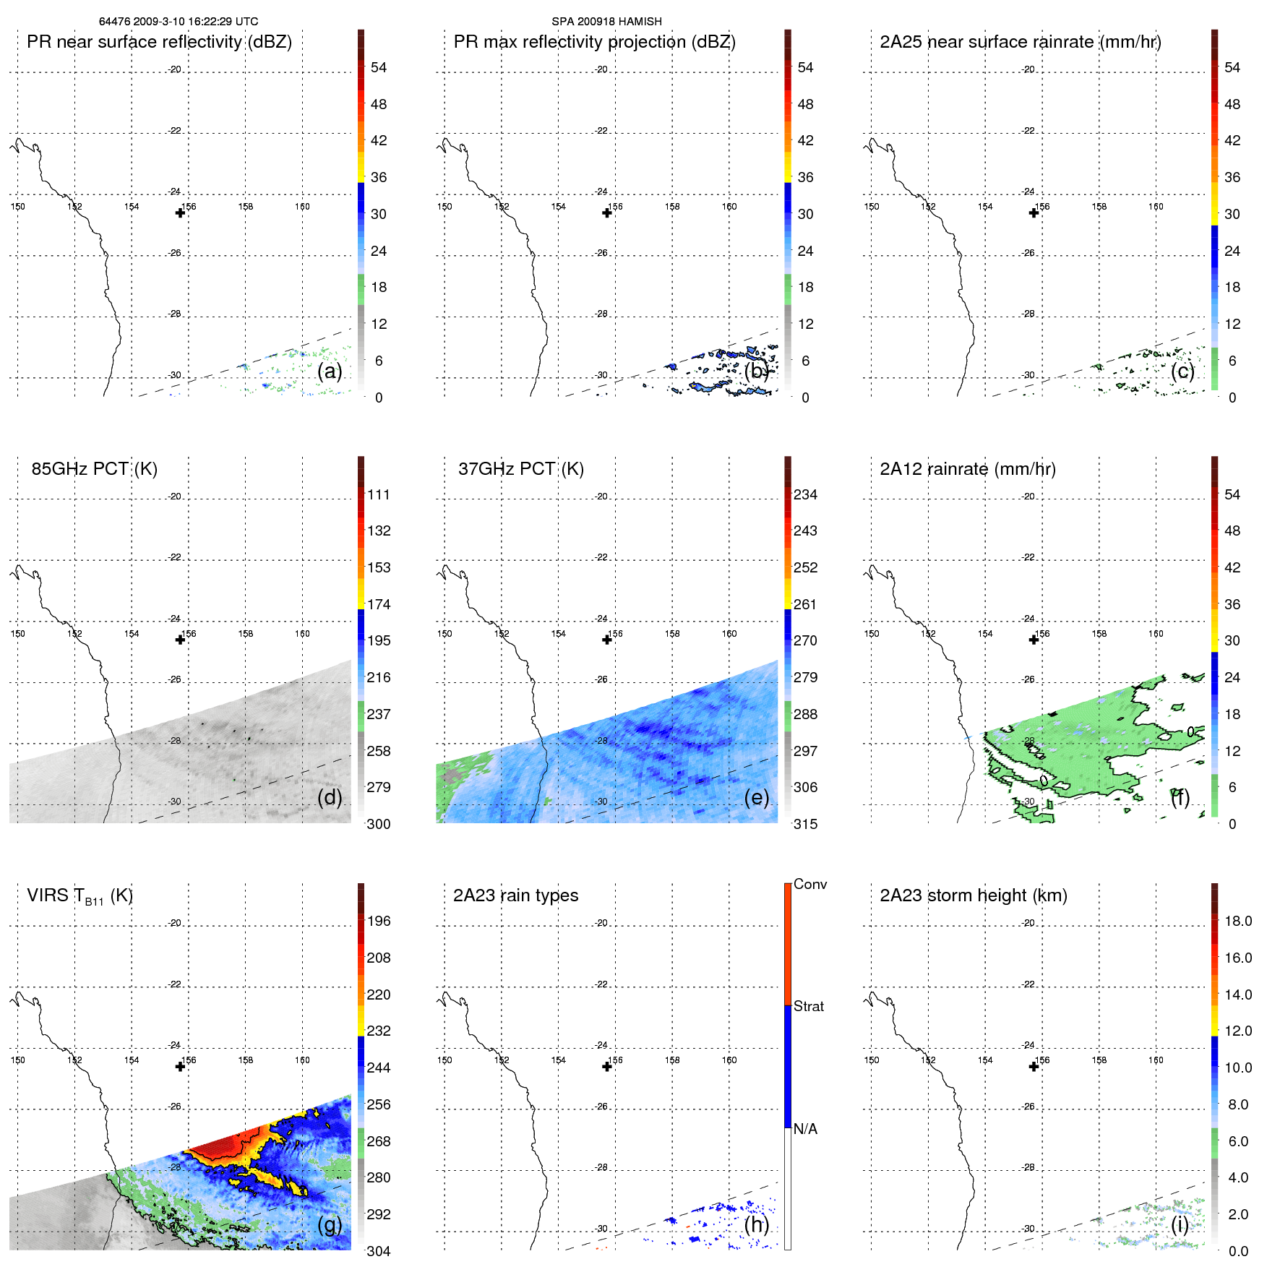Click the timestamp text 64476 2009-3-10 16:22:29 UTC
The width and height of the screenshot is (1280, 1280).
click(179, 22)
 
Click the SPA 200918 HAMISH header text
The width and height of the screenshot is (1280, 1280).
click(606, 22)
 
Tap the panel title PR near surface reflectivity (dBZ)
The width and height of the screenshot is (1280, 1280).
click(159, 42)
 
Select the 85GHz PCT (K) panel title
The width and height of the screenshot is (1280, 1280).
click(94, 469)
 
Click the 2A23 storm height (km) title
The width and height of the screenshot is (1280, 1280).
click(974, 895)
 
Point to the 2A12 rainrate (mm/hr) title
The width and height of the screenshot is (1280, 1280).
click(968, 469)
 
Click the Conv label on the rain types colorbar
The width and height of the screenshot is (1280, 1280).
click(809, 884)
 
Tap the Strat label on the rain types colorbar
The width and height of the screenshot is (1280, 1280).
click(808, 1006)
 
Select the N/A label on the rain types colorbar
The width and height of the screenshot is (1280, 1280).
click(805, 1129)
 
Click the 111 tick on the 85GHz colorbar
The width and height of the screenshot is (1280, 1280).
click(379, 494)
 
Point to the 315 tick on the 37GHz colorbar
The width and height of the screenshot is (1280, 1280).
click(805, 824)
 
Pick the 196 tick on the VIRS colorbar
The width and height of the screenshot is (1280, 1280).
click(379, 921)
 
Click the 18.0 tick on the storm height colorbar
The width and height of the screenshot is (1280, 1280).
click(1237, 921)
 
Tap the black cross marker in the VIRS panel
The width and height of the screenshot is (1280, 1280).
click(180, 1067)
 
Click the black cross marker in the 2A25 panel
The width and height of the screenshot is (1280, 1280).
click(1034, 212)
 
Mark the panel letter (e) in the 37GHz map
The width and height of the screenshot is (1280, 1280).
click(756, 797)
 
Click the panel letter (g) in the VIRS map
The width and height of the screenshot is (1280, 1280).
click(330, 1224)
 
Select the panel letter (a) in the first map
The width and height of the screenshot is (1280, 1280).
click(330, 371)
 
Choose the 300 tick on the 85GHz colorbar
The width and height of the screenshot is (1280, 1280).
click(379, 824)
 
